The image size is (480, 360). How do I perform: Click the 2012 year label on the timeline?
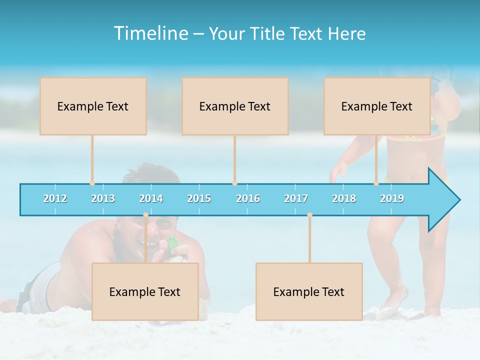click(x=55, y=198)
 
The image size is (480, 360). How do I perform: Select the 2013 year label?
click(x=103, y=198)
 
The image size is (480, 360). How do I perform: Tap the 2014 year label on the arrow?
click(x=151, y=198)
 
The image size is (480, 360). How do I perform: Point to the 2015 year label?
click(x=199, y=198)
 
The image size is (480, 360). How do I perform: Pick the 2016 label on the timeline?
click(x=248, y=198)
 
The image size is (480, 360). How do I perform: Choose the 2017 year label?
click(x=296, y=198)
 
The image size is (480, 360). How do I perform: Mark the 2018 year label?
click(x=344, y=198)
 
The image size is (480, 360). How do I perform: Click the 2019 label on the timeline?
click(x=392, y=198)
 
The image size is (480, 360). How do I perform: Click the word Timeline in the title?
click(x=150, y=33)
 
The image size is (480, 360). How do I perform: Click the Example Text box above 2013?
click(x=93, y=106)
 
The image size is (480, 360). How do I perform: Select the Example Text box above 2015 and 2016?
click(x=235, y=106)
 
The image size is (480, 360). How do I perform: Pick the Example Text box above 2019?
click(x=377, y=106)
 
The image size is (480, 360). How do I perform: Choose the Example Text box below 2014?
click(x=145, y=291)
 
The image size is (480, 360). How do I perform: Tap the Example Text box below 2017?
click(x=309, y=291)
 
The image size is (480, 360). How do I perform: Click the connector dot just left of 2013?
click(x=92, y=183)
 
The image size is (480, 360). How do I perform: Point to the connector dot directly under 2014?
click(x=145, y=215)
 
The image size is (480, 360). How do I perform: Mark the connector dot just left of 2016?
click(x=234, y=183)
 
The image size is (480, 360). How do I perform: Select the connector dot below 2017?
click(x=309, y=215)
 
